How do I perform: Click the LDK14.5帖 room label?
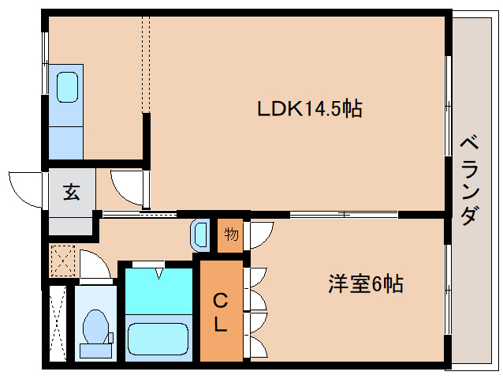click(309, 109)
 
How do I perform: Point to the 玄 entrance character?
click(72, 192)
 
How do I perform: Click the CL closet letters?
click(221, 312)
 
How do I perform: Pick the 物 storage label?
click(230, 235)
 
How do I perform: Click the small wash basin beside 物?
click(200, 235)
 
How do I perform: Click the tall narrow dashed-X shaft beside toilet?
click(57, 324)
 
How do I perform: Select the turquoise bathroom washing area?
click(160, 291)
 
